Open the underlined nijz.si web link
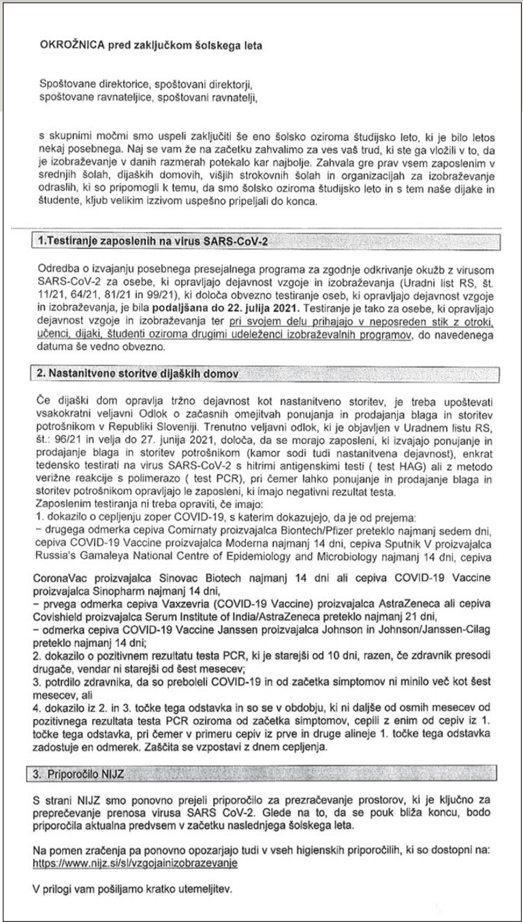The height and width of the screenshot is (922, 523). click(x=135, y=861)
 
